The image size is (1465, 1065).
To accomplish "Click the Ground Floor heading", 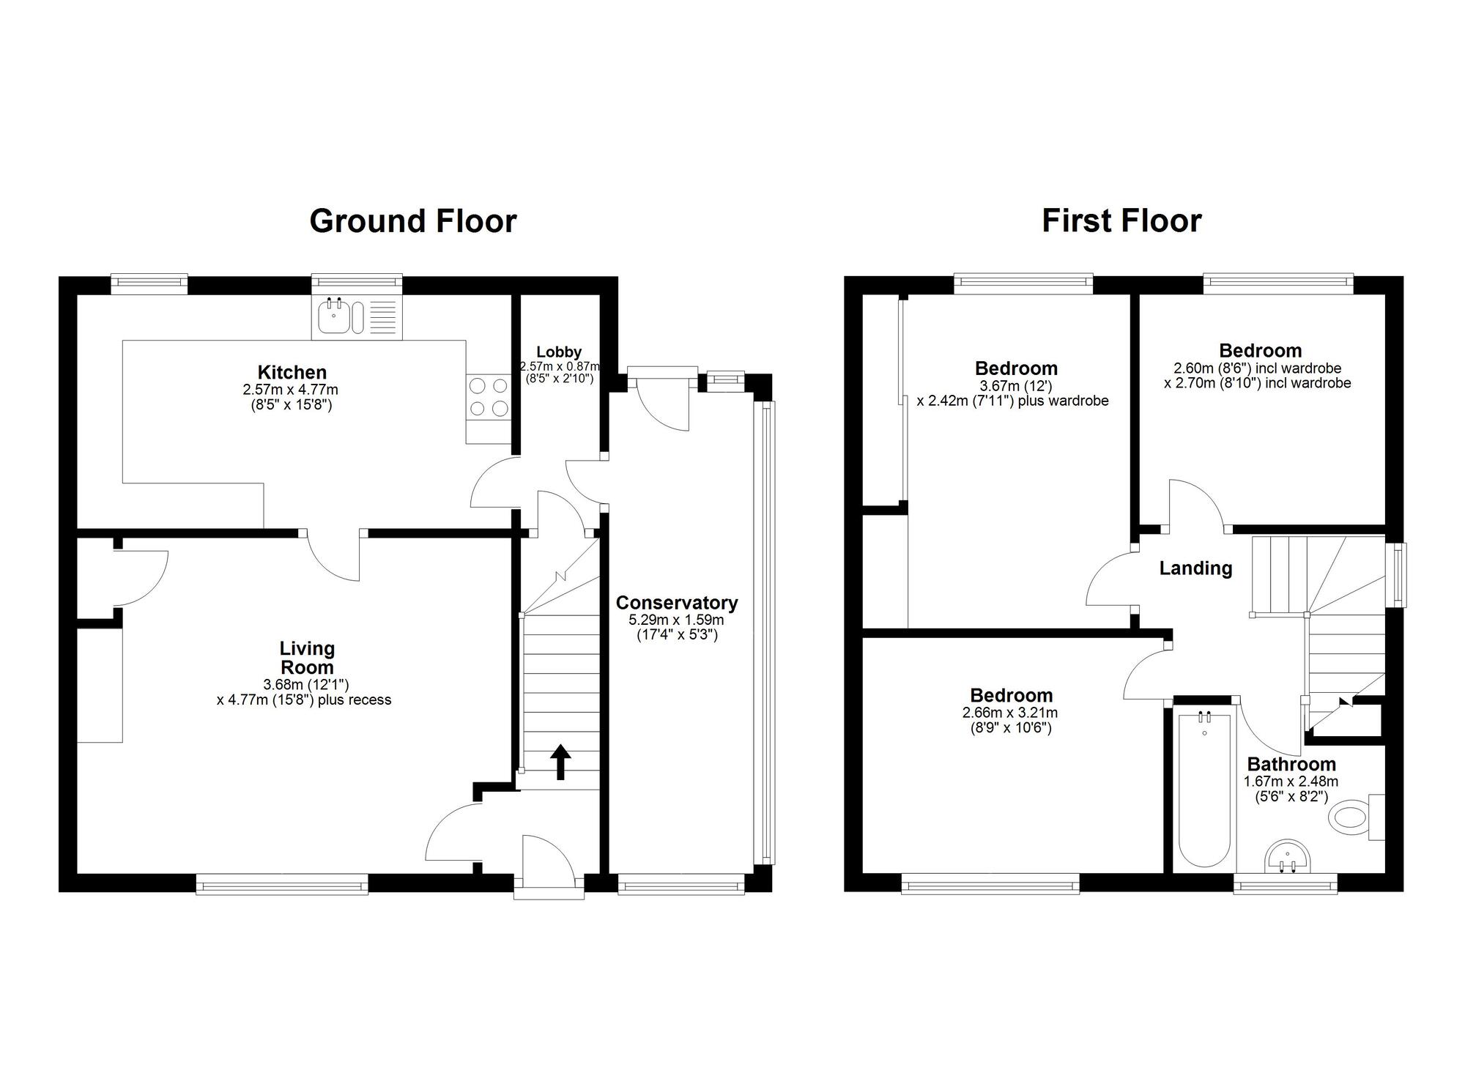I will (412, 220).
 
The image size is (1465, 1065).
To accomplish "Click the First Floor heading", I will (1121, 220).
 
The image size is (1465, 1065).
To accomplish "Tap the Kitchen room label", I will (292, 372).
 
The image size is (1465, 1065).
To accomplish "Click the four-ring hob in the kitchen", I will (489, 396).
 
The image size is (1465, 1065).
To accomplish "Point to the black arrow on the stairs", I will (560, 762).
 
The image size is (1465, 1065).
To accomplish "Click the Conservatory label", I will (676, 603).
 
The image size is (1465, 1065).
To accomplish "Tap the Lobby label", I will (558, 352).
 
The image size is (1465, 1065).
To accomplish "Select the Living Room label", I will (307, 658).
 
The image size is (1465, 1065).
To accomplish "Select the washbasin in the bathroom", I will (1287, 857).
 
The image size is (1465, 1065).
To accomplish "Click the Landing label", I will (1195, 568).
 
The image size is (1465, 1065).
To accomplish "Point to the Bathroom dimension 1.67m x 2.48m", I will (1290, 782).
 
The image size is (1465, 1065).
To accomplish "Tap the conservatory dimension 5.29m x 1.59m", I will (675, 620).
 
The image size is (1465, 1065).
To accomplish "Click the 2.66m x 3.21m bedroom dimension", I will (1010, 713).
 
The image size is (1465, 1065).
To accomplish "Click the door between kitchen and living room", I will (333, 554).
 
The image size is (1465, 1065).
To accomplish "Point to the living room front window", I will (282, 887).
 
